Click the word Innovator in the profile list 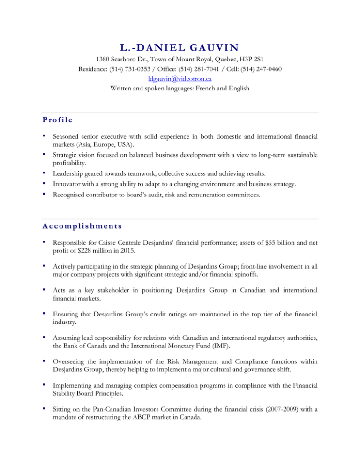coord(68,185)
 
